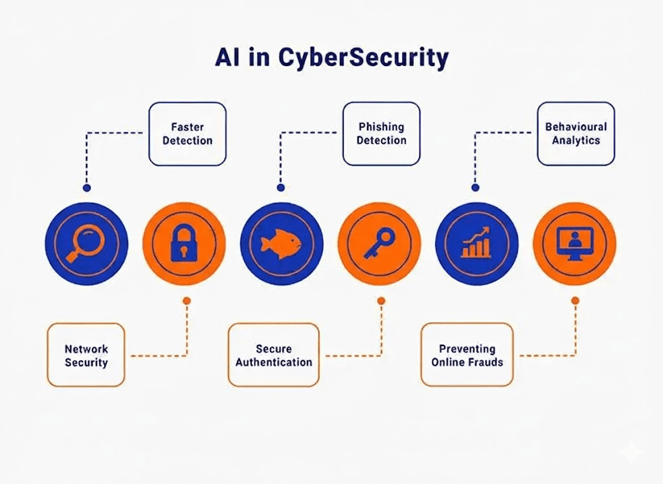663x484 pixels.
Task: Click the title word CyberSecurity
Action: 363,58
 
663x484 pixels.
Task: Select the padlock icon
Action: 184,244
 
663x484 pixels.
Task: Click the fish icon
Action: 281,244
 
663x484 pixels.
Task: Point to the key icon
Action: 379,244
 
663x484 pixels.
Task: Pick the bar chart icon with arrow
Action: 477,244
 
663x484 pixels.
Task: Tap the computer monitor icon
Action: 574,244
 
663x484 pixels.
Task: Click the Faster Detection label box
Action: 187,133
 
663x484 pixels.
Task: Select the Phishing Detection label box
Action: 381,133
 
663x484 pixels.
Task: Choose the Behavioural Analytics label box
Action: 576,133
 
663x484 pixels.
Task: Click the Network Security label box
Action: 86,355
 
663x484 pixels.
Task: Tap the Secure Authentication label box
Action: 273,355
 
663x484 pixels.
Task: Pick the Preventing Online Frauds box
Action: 467,355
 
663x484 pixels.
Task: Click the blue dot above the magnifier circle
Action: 87,188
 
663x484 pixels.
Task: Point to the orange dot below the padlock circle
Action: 186,301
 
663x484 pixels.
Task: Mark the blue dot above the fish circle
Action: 280,188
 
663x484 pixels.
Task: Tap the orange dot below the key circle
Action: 381,301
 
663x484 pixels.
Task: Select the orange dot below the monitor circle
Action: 574,301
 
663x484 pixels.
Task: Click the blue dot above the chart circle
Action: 475,188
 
